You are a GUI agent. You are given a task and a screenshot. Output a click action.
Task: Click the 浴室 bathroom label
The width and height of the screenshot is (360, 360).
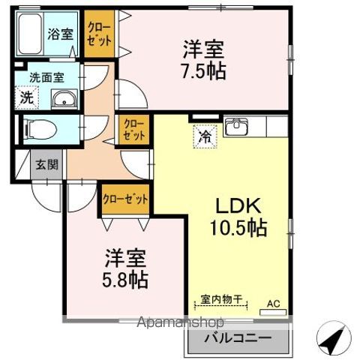click(61, 34)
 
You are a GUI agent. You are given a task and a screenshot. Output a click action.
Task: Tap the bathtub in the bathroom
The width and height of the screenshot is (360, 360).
click(30, 34)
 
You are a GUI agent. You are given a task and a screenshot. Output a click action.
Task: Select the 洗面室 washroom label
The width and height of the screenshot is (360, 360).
click(47, 78)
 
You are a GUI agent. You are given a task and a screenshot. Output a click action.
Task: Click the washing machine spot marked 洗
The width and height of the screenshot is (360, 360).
click(27, 97)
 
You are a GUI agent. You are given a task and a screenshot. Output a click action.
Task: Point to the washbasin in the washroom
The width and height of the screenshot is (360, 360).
click(64, 99)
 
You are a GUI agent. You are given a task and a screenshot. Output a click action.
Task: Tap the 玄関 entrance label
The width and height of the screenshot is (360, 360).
click(46, 164)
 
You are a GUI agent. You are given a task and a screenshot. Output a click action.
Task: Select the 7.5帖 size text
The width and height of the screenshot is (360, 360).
click(204, 71)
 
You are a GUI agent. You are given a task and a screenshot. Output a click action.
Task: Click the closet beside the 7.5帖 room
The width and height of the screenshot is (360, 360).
click(99, 34)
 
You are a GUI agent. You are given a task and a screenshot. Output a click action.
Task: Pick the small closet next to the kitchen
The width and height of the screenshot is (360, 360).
click(133, 130)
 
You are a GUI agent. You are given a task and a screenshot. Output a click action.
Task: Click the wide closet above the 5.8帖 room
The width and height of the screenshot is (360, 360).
click(125, 199)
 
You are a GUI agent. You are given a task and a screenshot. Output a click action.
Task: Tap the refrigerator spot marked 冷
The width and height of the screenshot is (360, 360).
click(205, 136)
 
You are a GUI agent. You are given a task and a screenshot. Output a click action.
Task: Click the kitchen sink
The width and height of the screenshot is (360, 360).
click(236, 126)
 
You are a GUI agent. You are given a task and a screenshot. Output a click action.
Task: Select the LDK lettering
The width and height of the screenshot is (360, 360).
click(238, 205)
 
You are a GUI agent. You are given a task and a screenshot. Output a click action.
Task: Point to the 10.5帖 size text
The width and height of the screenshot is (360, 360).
click(238, 228)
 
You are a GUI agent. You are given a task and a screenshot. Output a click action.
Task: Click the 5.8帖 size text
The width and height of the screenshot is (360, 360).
click(125, 280)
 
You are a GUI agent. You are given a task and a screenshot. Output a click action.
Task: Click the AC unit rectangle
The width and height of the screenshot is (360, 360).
click(273, 313)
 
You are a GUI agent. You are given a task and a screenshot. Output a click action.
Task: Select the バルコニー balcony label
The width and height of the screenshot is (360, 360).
click(238, 338)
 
